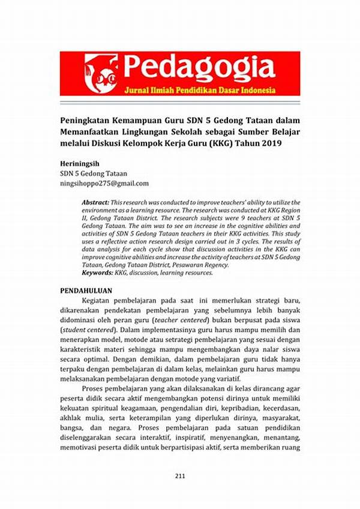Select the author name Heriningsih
click(82, 163)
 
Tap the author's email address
click(103, 183)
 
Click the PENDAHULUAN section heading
click(88, 291)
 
